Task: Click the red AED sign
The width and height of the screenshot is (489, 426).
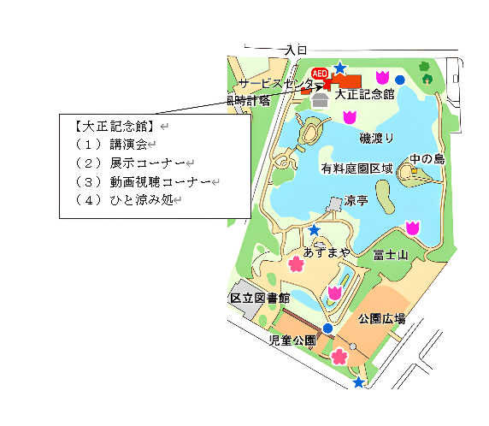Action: click(321, 74)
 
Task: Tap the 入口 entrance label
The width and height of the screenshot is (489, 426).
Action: click(296, 51)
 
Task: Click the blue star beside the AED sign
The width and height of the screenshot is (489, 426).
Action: click(340, 68)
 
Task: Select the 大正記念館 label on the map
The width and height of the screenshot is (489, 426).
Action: click(364, 94)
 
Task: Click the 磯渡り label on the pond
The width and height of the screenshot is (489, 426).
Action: click(377, 138)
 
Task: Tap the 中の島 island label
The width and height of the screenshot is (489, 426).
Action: click(427, 159)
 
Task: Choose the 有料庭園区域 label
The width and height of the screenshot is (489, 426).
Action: click(357, 169)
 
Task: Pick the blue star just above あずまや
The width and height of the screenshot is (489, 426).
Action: click(315, 230)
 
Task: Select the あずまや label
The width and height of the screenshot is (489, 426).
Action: click(327, 253)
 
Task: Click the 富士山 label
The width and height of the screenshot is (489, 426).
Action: click(391, 255)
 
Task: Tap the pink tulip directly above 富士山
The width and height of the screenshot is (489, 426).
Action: click(412, 228)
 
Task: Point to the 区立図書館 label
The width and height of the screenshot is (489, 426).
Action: click(260, 299)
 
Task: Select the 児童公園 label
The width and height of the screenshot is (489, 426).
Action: click(292, 340)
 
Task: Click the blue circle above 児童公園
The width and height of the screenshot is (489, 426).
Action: click(327, 328)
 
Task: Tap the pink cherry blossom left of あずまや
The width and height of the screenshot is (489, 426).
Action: click(296, 263)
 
